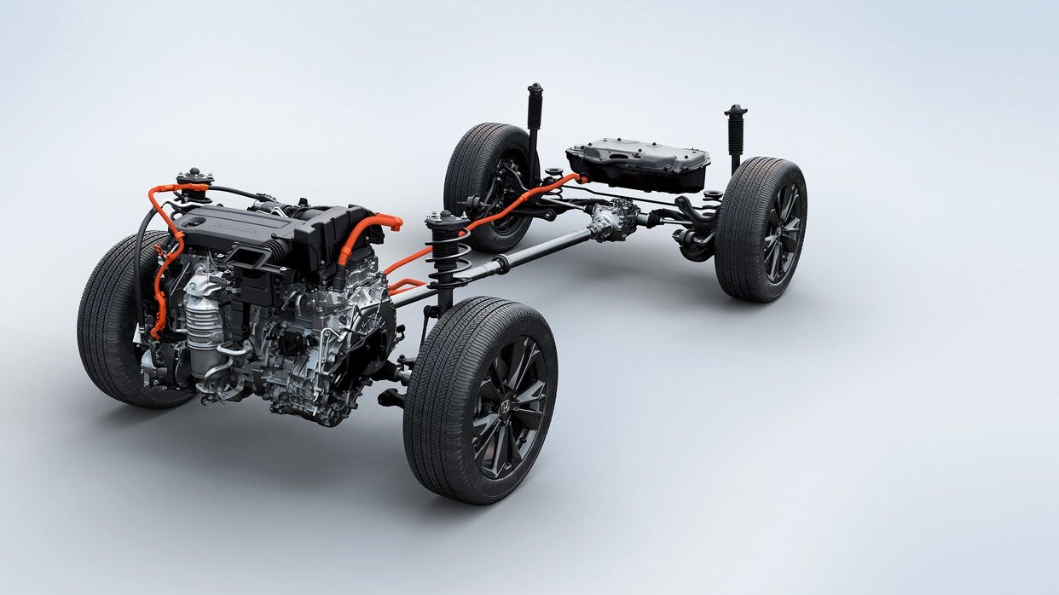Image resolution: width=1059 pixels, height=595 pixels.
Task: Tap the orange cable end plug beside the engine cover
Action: [393, 222]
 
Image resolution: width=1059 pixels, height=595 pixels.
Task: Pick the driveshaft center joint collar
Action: [500, 264]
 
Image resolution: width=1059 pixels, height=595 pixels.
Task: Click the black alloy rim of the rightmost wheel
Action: [782, 233]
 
